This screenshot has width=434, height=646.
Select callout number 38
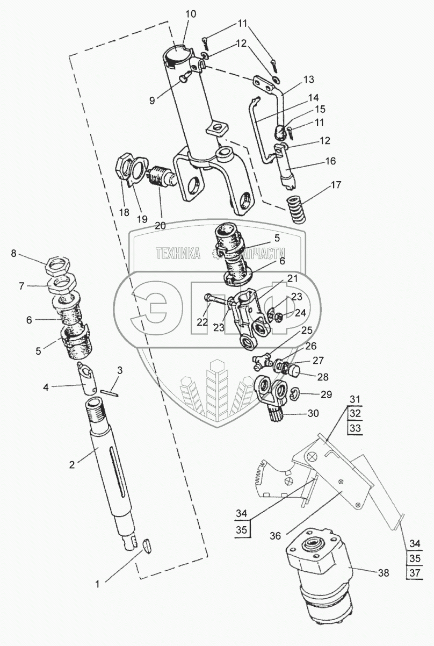point(382,573)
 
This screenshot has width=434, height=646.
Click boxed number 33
point(355,428)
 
